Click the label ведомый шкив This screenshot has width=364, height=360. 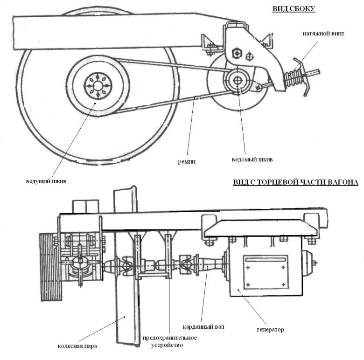point(252,159)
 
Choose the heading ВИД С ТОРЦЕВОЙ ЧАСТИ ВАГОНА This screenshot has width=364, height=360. point(295,182)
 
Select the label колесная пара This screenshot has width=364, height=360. point(78,346)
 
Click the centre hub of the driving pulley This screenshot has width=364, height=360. point(97,85)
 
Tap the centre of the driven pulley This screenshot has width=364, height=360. point(238,79)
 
